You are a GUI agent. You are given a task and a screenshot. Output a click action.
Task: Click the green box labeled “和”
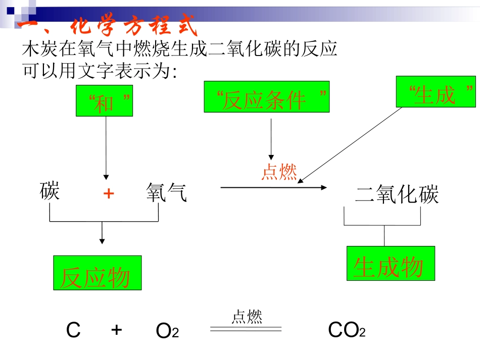[105, 101]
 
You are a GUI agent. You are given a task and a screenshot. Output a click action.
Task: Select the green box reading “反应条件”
[266, 96]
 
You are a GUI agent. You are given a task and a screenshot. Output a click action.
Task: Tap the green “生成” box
[436, 91]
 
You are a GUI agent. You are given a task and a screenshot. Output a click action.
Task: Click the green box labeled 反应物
[98, 273]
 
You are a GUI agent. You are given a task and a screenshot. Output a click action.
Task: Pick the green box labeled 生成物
[391, 263]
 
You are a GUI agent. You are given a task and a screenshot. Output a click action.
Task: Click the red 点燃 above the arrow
[279, 172]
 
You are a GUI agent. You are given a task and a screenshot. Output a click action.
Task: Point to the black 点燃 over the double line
[247, 317]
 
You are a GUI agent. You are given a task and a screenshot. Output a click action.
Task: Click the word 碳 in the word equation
[50, 192]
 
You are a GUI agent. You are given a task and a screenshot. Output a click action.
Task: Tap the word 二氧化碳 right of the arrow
[397, 195]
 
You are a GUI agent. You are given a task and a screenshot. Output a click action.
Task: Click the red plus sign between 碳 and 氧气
[108, 193]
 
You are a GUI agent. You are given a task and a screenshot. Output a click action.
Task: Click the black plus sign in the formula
[117, 330]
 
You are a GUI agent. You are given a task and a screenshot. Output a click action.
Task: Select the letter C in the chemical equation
[73, 331]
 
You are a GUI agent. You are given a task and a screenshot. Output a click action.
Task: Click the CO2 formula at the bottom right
[347, 331]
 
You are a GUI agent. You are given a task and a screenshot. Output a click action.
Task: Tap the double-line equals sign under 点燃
[246, 329]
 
